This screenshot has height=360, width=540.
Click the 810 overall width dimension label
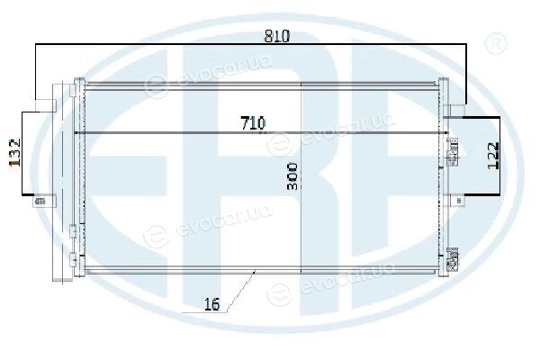click(x=277, y=36)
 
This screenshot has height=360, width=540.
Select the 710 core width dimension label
click(x=253, y=123)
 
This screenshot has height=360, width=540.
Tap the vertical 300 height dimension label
click(x=292, y=176)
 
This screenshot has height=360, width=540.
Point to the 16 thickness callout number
click(x=211, y=304)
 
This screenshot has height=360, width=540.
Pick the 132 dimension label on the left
click(x=14, y=153)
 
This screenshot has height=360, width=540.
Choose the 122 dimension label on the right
click(x=493, y=156)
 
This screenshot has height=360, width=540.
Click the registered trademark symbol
click(x=496, y=43)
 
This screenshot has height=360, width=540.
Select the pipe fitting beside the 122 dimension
click(x=453, y=151)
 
